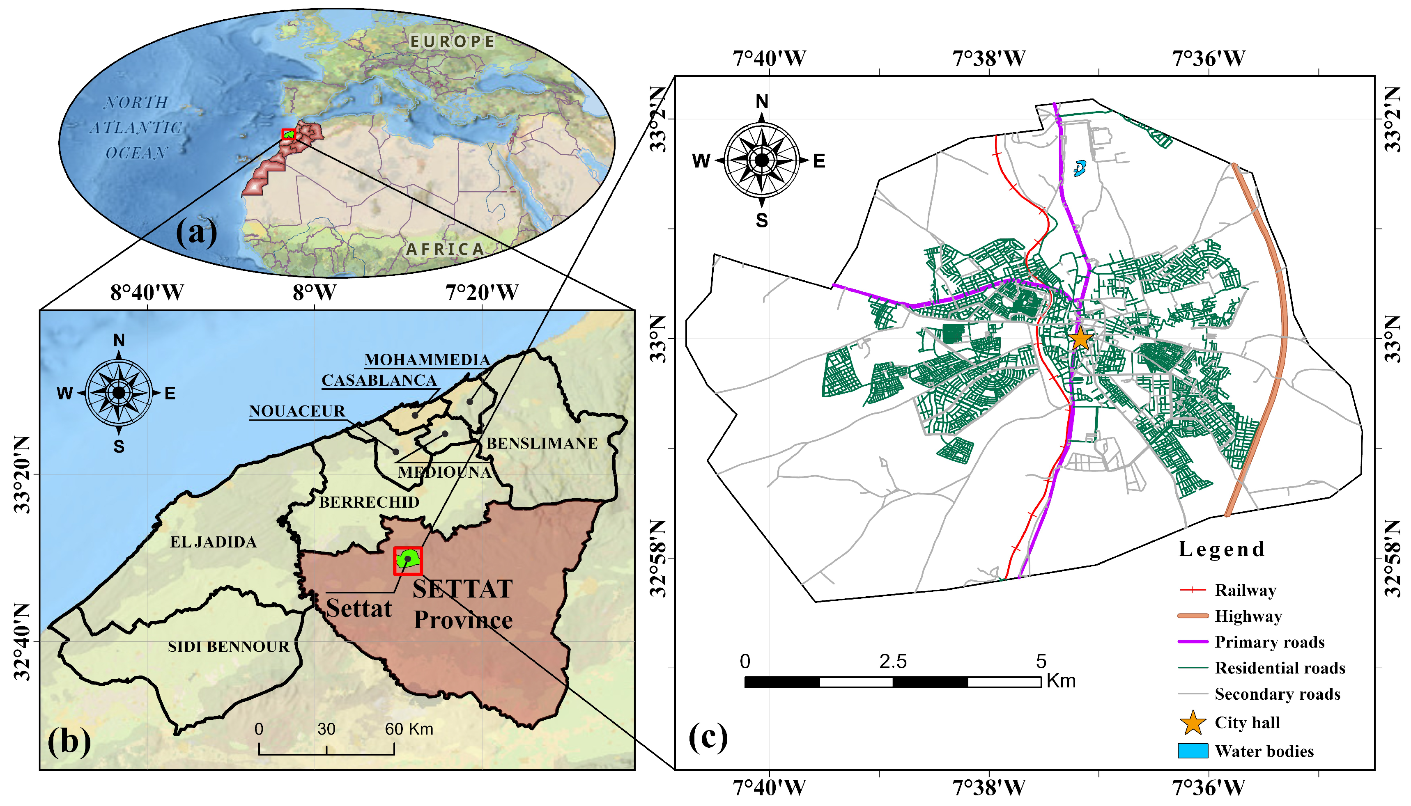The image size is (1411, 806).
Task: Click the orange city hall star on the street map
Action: (x=1080, y=339)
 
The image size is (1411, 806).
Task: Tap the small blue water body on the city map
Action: (x=1079, y=168)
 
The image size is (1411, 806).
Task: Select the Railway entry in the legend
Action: (x=1244, y=590)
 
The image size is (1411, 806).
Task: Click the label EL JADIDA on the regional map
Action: (x=213, y=542)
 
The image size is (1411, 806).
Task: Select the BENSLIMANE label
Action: (x=542, y=443)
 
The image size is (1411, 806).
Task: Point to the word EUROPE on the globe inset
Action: (x=452, y=41)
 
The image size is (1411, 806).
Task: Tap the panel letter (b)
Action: (x=69, y=741)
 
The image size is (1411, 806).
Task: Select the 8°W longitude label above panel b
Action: (x=314, y=292)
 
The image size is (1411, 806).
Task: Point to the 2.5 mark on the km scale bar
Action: (x=893, y=661)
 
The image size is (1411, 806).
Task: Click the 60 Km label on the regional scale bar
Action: (x=409, y=728)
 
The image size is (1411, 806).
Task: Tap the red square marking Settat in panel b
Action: (x=408, y=561)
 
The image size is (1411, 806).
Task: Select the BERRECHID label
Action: (x=369, y=502)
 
